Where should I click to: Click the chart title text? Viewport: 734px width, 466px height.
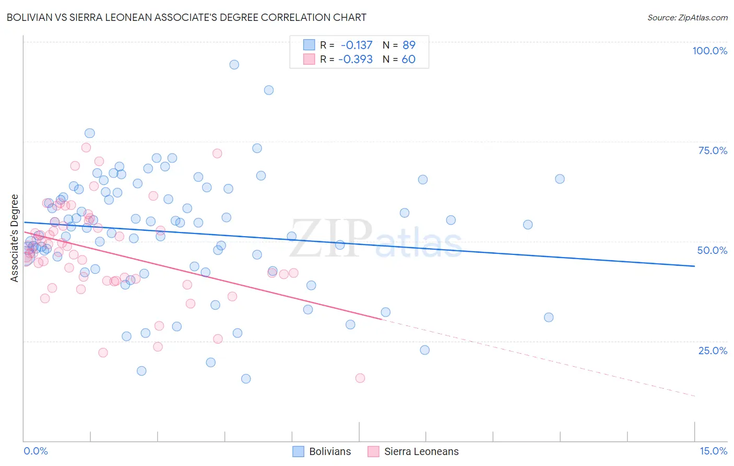click(x=186, y=17)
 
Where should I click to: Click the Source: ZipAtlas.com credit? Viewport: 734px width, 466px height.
click(x=687, y=17)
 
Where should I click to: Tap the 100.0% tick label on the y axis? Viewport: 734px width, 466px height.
click(x=709, y=51)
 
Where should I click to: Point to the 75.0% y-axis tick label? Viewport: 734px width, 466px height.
click(x=713, y=150)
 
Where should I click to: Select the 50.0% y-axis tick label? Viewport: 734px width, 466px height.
click(x=712, y=250)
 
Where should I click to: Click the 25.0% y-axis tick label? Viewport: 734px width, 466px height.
click(x=713, y=351)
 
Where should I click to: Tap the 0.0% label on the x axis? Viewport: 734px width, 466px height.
click(x=35, y=451)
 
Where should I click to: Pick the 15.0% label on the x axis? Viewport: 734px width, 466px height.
click(x=713, y=451)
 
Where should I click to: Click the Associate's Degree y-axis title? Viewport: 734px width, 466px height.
click(x=15, y=238)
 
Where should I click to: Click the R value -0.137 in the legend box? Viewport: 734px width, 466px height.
click(x=357, y=45)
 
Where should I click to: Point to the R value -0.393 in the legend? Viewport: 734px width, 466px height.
click(x=356, y=59)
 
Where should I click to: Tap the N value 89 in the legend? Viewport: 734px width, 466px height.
click(x=409, y=45)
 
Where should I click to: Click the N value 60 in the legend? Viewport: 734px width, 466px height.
click(x=409, y=59)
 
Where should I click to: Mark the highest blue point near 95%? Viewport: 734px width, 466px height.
click(x=234, y=65)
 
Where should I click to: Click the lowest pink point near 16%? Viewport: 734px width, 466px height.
click(x=360, y=378)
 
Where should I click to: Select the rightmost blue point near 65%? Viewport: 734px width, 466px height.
click(x=560, y=179)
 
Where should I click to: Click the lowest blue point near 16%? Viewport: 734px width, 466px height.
click(x=246, y=379)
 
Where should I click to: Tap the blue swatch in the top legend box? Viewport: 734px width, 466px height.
click(x=309, y=45)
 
